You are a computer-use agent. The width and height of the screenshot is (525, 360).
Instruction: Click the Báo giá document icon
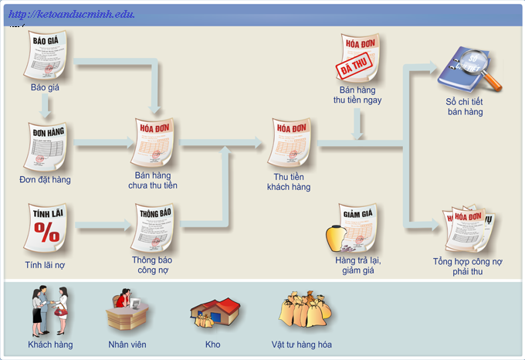coord(46,56)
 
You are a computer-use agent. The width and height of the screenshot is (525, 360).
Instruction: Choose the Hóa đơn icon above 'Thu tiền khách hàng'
coord(290,143)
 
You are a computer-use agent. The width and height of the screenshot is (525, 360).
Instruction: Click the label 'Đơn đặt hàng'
coord(45,180)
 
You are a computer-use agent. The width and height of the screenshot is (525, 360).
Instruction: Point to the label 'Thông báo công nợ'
coord(152,265)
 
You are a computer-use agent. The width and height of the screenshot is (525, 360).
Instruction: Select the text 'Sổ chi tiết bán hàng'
coord(465,107)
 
